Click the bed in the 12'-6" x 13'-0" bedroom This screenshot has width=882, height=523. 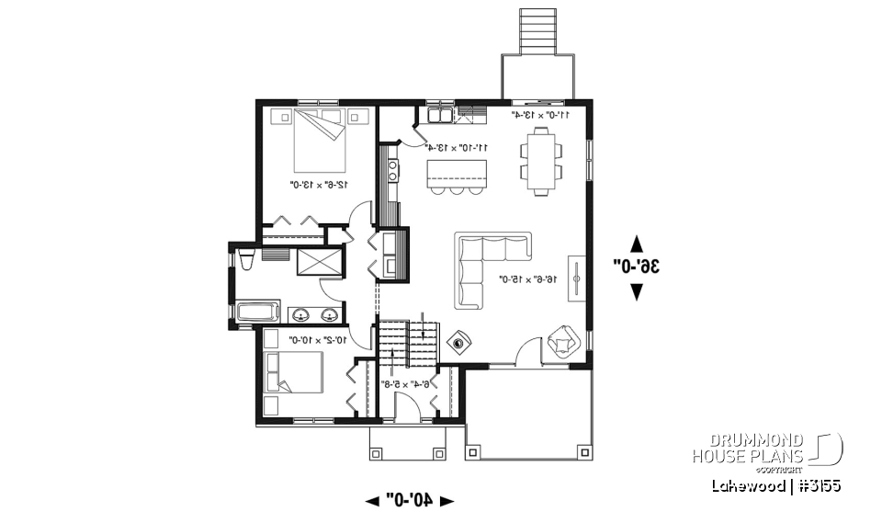321,140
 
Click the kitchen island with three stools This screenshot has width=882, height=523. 457,172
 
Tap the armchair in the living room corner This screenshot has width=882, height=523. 561,343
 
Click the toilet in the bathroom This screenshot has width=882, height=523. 245,259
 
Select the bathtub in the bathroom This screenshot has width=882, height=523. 258,313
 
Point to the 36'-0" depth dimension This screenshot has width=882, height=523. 637,267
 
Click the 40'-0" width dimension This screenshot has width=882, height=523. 410,500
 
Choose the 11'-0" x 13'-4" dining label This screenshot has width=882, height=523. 542,115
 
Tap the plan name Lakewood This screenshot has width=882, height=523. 746,485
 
